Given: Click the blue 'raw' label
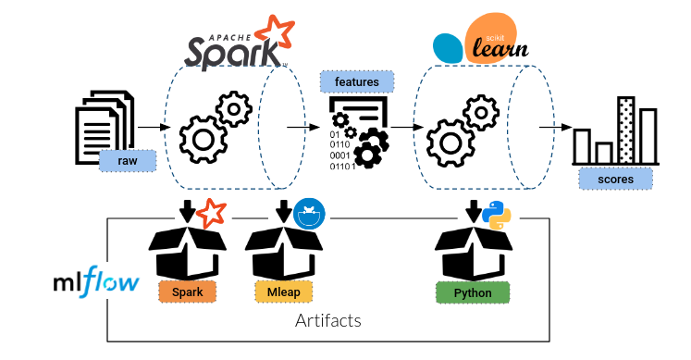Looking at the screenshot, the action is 128,161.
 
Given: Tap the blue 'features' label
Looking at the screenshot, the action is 357,82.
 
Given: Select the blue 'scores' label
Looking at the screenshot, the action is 616,180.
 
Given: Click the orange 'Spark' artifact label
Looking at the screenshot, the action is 188,292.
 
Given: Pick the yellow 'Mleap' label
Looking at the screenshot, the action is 284,292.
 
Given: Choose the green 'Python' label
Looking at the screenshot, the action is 473,293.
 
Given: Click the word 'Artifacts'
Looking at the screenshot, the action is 328,320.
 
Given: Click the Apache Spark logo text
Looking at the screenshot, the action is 232,51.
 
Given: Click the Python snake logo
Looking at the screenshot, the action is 497,215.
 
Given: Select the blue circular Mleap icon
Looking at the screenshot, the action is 309,214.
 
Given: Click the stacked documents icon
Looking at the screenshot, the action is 105,127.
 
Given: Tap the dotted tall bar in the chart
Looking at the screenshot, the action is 626,130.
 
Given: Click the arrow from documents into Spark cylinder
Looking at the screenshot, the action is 154,128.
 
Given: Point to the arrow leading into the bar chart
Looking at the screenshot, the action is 556,128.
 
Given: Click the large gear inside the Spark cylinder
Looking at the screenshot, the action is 204,140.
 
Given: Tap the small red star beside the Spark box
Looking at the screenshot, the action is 211,213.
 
